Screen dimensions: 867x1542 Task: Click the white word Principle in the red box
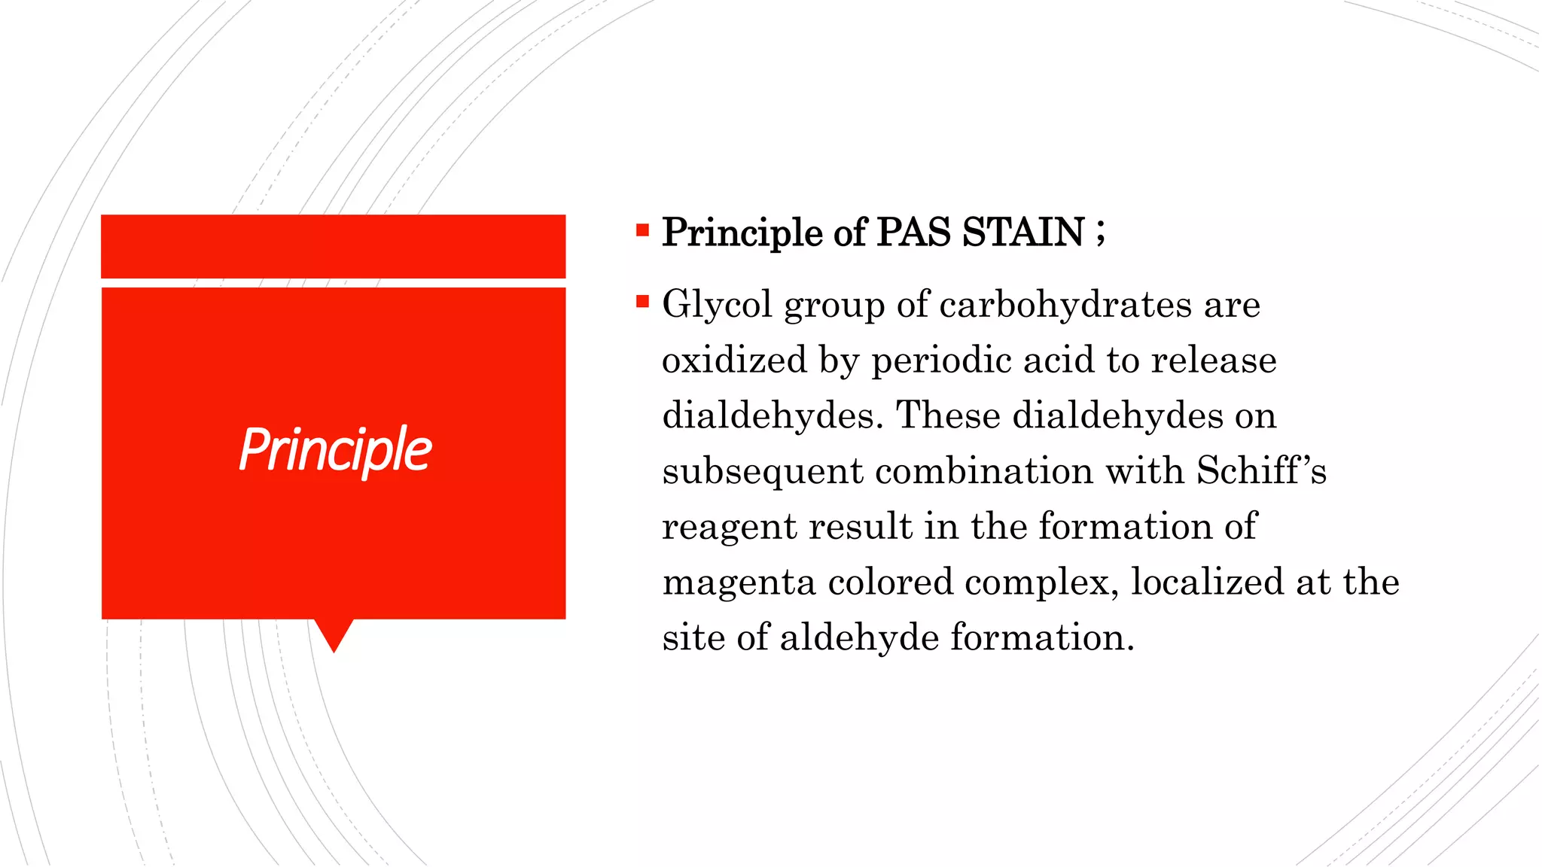[335, 450]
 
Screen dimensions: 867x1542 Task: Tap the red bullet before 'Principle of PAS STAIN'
[642, 230]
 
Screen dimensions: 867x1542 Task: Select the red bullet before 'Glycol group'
[642, 303]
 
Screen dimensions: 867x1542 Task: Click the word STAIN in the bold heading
[1023, 232]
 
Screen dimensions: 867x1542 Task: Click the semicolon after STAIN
[1101, 233]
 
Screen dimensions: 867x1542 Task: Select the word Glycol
[717, 306]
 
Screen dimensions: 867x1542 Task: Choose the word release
[1214, 360]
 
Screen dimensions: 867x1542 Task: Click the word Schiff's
[1261, 471]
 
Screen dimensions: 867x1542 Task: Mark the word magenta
[739, 583]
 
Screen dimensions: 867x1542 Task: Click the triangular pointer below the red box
[334, 632]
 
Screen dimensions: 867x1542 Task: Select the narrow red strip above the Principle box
[334, 246]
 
